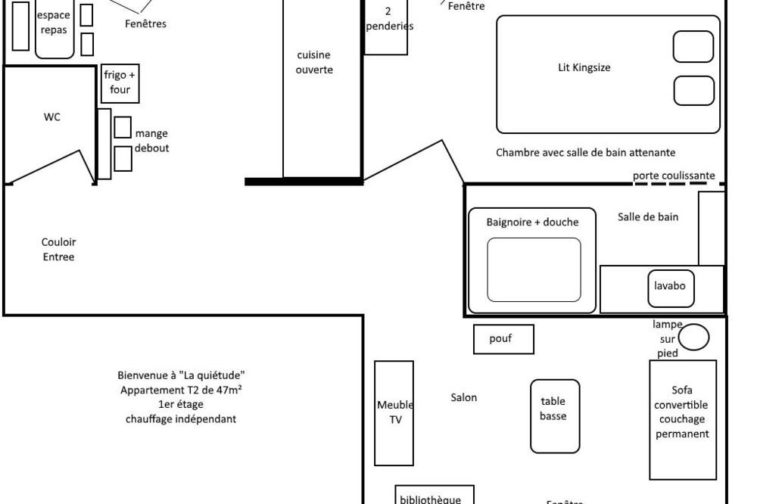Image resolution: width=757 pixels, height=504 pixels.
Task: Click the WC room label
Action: pos(52,117)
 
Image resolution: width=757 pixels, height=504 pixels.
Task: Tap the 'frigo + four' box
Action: pos(120,83)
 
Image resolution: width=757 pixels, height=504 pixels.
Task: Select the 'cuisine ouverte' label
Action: pos(314,62)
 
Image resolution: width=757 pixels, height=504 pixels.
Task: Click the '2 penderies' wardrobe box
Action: pos(387,26)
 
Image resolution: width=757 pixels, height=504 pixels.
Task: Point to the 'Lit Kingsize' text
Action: pos(584,67)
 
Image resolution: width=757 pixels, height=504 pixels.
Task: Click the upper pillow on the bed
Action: pos(693,47)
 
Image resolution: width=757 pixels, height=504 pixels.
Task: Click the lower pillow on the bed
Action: pos(693,91)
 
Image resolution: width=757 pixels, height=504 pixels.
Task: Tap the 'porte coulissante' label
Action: pos(674,176)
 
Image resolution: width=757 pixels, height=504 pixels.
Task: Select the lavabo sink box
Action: pos(670,286)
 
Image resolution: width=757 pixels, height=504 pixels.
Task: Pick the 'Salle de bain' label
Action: pos(647,217)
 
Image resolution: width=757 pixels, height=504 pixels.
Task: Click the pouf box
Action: pos(503,339)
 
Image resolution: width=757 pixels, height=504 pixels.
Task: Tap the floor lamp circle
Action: pos(693,337)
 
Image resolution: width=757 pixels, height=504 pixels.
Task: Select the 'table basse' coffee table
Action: pos(554,416)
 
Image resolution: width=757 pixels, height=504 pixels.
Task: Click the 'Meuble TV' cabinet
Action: pos(394,412)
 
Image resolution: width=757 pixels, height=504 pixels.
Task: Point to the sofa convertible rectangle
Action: pos(683,419)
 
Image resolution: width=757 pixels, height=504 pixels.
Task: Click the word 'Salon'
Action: pos(464,397)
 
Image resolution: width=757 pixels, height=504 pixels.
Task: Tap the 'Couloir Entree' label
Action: pos(58,250)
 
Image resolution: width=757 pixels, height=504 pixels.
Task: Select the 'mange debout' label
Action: pos(151,141)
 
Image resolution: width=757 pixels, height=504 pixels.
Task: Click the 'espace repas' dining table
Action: pos(54,30)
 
